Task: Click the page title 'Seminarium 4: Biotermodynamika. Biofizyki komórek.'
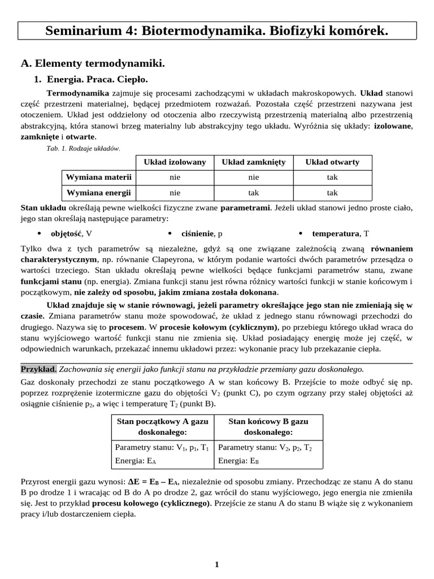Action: [x=217, y=31]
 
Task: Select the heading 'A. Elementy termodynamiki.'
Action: [x=93, y=64]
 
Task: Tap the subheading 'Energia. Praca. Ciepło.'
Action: [x=97, y=79]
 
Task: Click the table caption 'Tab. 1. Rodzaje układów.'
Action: [x=83, y=148]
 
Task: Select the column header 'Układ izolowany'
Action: [x=175, y=162]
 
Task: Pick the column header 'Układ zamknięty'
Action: [x=253, y=162]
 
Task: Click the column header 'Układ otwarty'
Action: [x=332, y=162]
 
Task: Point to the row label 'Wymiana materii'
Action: [x=99, y=177]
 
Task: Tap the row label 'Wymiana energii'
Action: [x=99, y=193]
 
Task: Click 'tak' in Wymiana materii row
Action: [x=332, y=177]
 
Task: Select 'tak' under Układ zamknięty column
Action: [x=253, y=193]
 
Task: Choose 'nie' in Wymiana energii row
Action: [x=175, y=193]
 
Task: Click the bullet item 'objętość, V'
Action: [x=72, y=233]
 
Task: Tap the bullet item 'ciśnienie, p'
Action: [x=202, y=233]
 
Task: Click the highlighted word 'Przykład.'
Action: [x=38, y=369]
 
